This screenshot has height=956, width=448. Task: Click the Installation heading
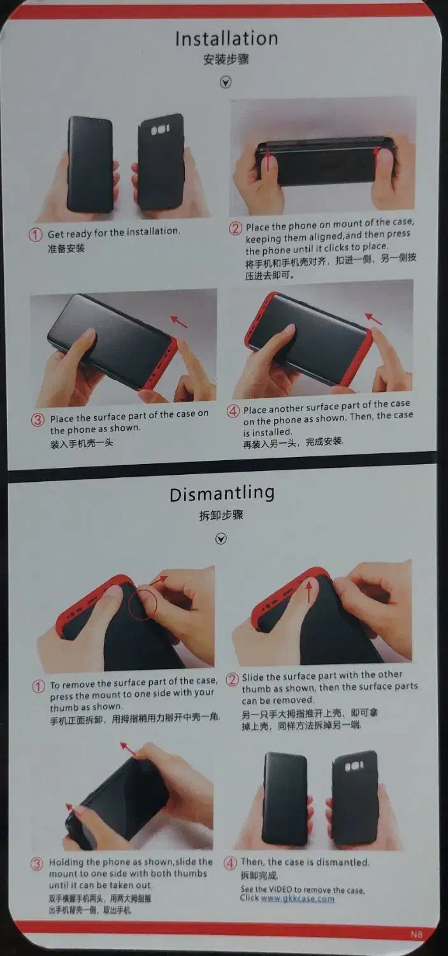click(x=227, y=38)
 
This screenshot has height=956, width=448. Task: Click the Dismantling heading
click(x=222, y=494)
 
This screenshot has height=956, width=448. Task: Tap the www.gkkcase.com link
click(x=298, y=898)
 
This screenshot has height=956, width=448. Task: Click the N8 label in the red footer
click(x=416, y=934)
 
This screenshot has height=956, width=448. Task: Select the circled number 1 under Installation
click(x=36, y=235)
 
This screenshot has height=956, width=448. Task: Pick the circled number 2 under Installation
click(x=235, y=228)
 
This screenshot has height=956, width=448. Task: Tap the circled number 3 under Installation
click(x=38, y=419)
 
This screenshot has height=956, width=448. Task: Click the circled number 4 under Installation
click(x=233, y=412)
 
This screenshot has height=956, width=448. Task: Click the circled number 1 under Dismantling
click(x=38, y=686)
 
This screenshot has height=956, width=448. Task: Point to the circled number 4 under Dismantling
click(x=230, y=862)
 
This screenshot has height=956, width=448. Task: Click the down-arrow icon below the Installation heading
click(x=226, y=82)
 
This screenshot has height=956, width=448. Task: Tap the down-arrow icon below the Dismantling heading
click(x=221, y=539)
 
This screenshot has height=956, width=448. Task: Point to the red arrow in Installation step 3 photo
click(x=179, y=321)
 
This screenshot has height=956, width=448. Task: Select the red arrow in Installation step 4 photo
click(x=373, y=319)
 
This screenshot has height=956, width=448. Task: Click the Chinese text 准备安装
click(x=66, y=249)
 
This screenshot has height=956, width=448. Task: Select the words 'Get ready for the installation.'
click(x=114, y=233)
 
